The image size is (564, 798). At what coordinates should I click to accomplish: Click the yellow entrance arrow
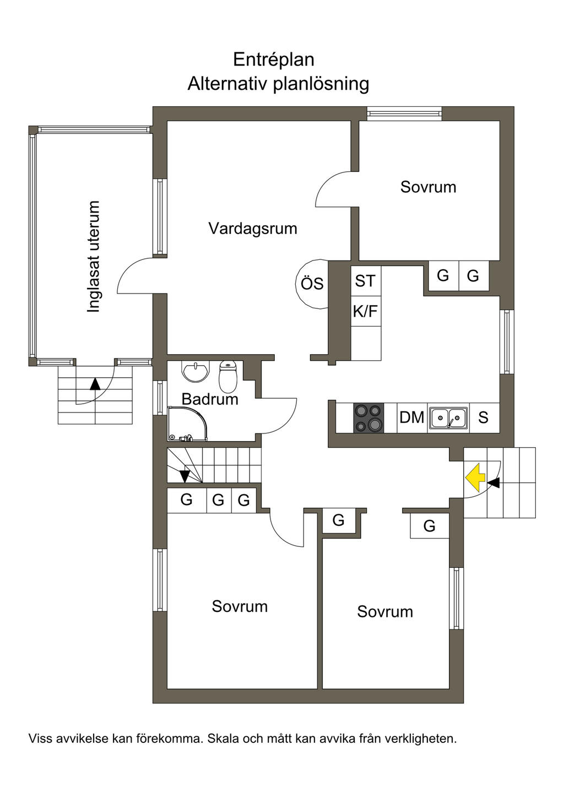point(474,477)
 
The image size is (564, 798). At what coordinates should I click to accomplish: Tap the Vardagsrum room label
point(252,229)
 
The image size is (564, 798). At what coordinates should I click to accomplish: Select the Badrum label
point(210,399)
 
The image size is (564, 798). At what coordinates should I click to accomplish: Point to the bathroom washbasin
point(196,372)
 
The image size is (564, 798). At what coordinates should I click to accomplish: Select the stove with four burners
point(368,418)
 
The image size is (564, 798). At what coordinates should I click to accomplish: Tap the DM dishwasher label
point(411,417)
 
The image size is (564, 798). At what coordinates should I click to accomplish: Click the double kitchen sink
point(449,418)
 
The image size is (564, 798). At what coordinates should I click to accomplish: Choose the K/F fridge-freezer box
point(365,312)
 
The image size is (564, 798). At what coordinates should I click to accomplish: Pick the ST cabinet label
point(365,281)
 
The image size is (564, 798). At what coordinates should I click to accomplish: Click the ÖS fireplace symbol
point(312,284)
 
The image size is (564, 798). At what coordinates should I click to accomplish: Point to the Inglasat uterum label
point(94,257)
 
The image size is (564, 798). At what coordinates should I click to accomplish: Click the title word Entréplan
point(273,59)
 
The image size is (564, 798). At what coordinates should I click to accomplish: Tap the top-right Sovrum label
point(428,187)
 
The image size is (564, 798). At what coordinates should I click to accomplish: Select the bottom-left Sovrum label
point(240,606)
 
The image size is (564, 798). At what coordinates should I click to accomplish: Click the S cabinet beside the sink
point(483,417)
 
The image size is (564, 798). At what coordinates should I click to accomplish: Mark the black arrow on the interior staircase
point(185,475)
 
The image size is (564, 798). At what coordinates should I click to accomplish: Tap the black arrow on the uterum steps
point(95,384)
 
